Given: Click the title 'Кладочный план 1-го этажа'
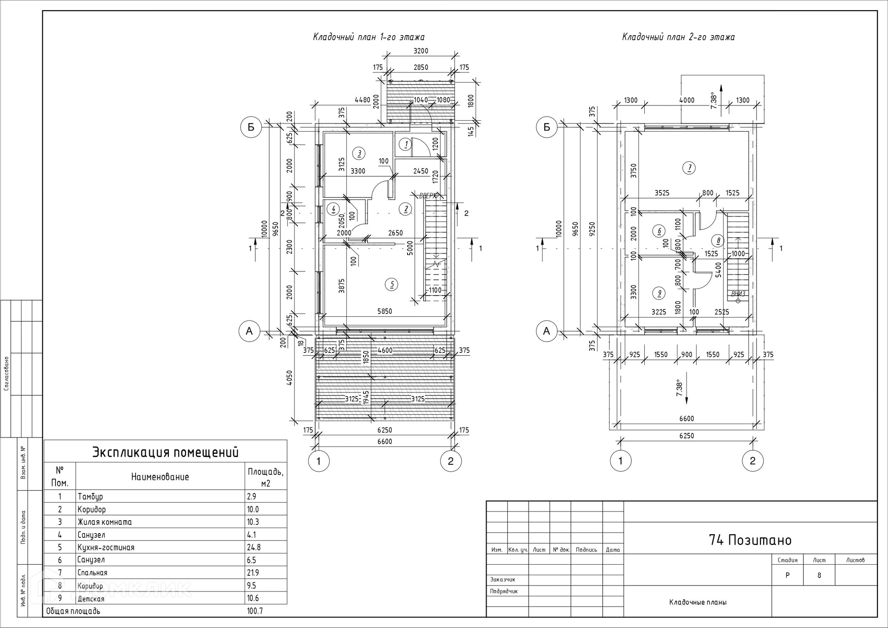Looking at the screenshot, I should point(369,37).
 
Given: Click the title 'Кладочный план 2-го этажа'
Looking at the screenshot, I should point(678,37).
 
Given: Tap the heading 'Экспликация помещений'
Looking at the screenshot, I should point(166,452).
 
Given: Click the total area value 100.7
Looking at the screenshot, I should point(255,611).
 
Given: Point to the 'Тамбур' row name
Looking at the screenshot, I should point(90,497).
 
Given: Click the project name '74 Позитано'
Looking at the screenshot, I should point(750,540).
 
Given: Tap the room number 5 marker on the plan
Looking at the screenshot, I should point(392,284).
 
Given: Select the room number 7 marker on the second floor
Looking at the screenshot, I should point(689,168).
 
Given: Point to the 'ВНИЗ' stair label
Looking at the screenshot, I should point(738,294).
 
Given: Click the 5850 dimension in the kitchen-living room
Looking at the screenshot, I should point(384,311).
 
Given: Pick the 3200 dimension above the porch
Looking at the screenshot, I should point(421,51).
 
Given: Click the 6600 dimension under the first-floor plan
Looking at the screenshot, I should point(384,442).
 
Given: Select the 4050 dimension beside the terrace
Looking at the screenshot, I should point(290,377).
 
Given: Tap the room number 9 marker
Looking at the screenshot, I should point(659,293).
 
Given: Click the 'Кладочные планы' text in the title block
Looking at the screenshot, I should point(697,602).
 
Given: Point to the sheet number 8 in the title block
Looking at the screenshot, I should point(819,576).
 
